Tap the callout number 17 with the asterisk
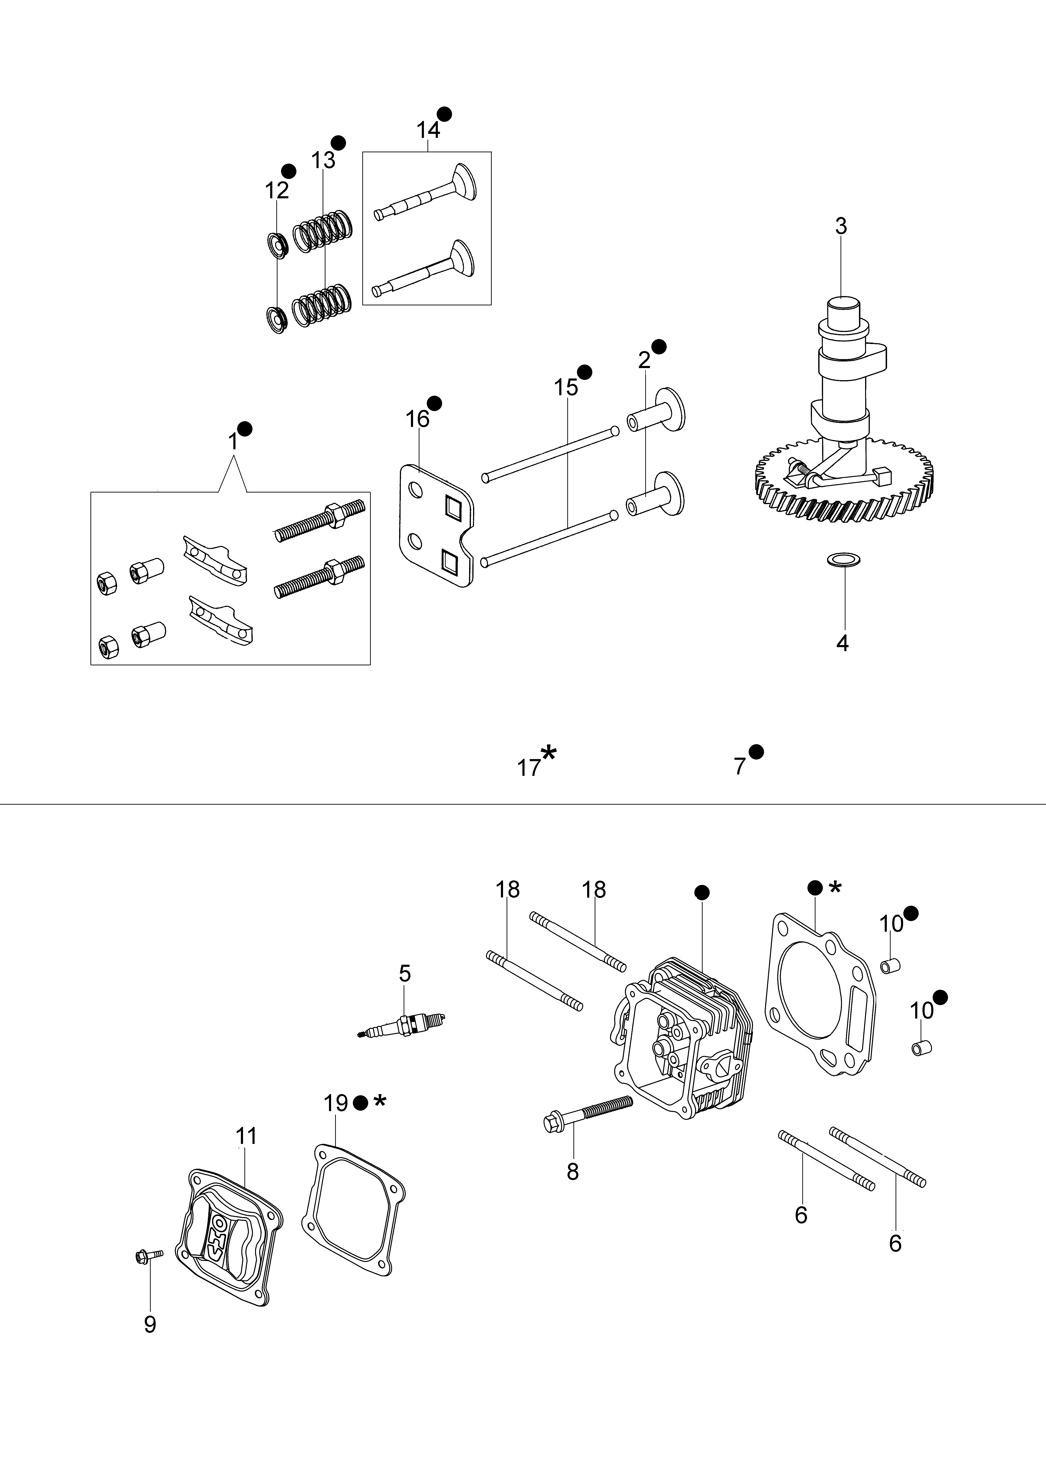(529, 767)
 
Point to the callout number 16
(417, 419)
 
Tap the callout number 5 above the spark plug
(405, 973)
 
